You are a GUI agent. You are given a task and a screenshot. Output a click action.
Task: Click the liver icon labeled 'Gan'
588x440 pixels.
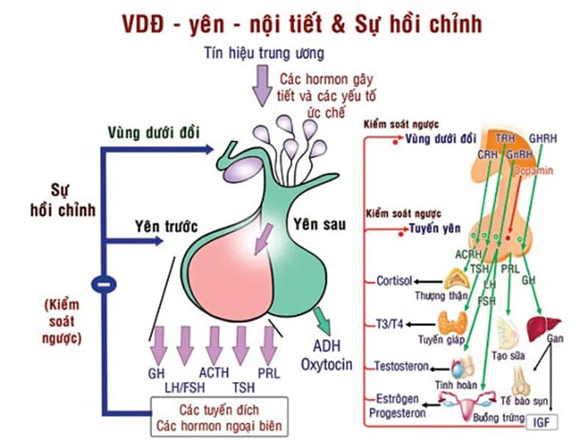pyautogui.click(x=545, y=324)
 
